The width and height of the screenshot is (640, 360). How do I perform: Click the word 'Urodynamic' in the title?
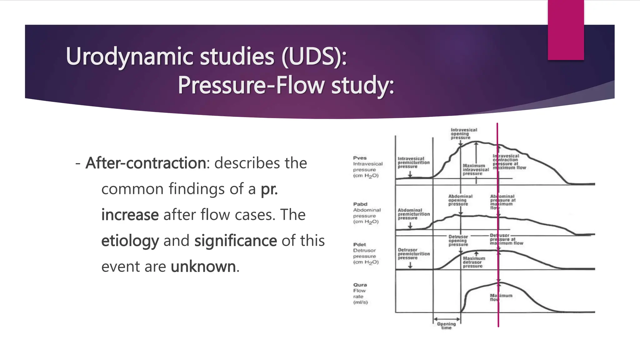[130, 57]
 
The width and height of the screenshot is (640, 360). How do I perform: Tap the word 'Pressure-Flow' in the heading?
[251, 85]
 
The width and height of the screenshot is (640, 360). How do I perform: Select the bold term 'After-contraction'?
[146, 163]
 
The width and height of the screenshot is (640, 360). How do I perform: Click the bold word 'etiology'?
[130, 241]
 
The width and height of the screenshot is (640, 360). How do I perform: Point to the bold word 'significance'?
[235, 241]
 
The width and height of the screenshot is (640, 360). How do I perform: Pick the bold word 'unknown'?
[203, 267]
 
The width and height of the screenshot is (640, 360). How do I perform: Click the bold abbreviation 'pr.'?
[269, 189]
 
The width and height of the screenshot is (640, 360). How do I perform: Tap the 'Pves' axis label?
[360, 158]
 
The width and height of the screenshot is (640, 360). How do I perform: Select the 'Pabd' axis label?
[360, 204]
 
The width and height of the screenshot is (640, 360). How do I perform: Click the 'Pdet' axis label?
[359, 245]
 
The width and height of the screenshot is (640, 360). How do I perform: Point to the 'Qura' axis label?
[360, 285]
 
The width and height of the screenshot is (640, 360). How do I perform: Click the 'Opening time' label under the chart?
[446, 326]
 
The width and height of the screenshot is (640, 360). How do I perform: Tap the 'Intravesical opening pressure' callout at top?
[463, 134]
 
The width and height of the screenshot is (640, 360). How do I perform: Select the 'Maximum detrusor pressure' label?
[474, 262]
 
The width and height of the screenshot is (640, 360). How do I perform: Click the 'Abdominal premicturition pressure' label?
[413, 214]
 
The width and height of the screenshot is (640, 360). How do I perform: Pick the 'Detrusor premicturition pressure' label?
[413, 254]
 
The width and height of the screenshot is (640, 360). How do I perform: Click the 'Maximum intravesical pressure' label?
[475, 170]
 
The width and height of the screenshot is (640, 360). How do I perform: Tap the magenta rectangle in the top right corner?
[566, 30]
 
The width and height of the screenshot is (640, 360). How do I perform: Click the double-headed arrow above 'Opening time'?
[447, 319]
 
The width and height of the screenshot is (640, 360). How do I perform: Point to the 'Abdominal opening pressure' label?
[460, 200]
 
